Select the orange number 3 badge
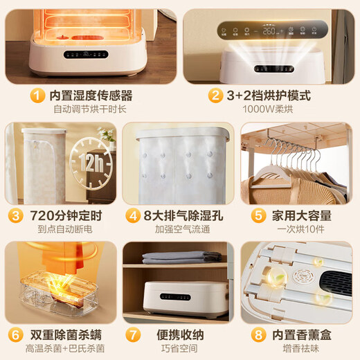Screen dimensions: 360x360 pyautogui.click(x=13, y=215)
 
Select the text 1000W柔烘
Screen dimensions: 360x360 pyautogui.click(x=270, y=109)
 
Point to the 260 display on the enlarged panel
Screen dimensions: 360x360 pyautogui.click(x=270, y=30)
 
